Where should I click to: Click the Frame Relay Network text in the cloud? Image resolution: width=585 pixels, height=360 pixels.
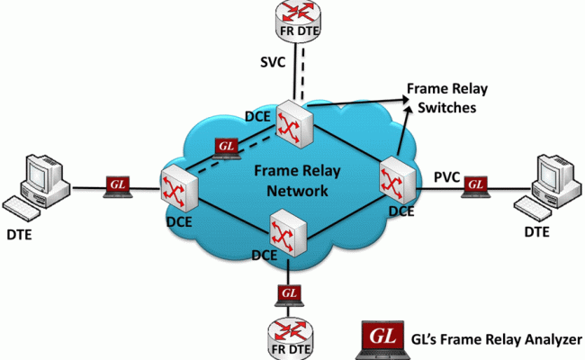(291, 180)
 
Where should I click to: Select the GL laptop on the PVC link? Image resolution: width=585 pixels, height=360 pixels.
(474, 185)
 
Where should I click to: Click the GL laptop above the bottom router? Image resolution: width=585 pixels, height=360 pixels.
(289, 294)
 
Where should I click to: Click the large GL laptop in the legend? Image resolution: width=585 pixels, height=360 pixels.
(380, 337)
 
